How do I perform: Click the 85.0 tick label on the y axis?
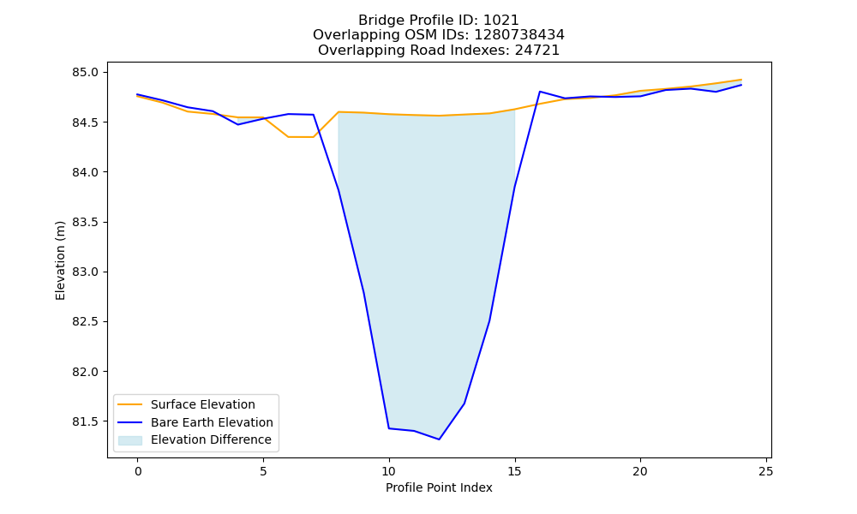tap(85, 73)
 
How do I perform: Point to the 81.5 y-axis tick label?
tap(85, 421)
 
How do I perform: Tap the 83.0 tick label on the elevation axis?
tap(85, 272)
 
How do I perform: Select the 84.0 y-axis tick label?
tap(85, 172)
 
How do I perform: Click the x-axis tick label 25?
tap(766, 471)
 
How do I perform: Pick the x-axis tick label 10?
tap(388, 471)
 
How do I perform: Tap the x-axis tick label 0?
tap(138, 471)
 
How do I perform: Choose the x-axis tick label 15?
tap(514, 471)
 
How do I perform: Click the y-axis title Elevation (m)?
tap(60, 260)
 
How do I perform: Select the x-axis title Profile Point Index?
tap(439, 487)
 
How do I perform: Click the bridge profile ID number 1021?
tap(501, 21)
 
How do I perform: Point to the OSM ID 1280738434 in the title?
tap(519, 35)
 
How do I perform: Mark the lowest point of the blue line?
tap(439, 439)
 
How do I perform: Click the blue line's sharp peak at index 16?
tap(540, 92)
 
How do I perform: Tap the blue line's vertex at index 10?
tap(388, 428)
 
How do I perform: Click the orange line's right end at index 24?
tap(741, 80)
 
